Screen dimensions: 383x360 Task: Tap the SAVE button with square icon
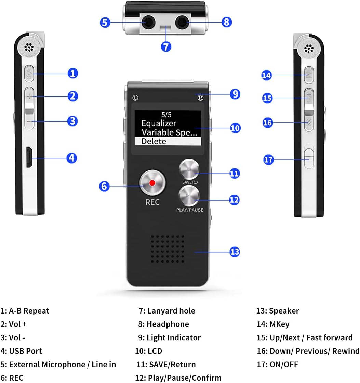point(189,169)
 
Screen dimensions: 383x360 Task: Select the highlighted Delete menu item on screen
point(168,141)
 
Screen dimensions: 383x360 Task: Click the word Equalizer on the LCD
point(159,124)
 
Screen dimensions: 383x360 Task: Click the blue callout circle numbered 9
point(235,94)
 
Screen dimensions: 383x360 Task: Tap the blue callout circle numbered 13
point(235,252)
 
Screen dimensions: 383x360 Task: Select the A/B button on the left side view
point(30,73)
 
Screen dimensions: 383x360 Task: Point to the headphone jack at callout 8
point(182,23)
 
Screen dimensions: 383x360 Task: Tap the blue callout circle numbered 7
point(166,46)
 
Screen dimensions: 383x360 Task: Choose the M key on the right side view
point(309,75)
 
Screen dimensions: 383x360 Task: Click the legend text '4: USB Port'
point(21,351)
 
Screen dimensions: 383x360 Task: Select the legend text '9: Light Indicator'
point(169,337)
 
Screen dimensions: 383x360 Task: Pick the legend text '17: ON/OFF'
point(277,364)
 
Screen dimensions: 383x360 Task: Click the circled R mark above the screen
point(200,98)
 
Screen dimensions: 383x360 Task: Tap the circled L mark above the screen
point(135,98)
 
